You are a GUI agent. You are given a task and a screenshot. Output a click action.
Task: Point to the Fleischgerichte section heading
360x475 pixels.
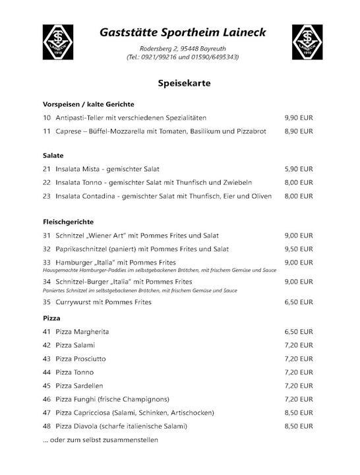tap(67, 222)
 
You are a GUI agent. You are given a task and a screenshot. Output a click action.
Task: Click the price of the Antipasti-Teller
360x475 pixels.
tap(299, 117)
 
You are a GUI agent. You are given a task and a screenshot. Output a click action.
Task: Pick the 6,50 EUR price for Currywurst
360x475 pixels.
tap(299, 302)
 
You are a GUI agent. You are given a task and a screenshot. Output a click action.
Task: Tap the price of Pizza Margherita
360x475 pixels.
tap(299, 331)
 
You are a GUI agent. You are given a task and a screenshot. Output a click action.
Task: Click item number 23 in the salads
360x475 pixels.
tap(46, 196)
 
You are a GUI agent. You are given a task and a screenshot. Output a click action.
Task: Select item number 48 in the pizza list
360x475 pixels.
tap(46, 426)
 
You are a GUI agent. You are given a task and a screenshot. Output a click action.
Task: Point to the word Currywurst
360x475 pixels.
tap(74, 302)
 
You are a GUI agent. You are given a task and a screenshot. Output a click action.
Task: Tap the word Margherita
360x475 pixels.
tap(92, 331)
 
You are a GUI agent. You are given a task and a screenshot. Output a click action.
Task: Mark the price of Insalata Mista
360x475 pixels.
tap(299, 169)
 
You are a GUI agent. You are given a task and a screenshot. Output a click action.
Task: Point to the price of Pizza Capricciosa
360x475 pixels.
tap(299, 412)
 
